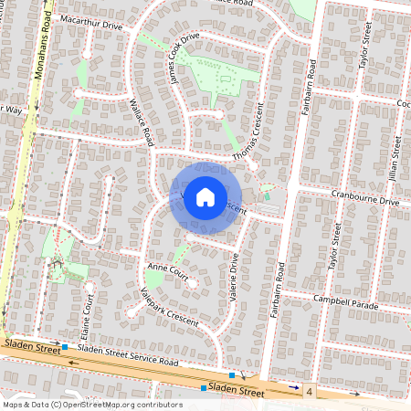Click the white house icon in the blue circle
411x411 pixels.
pyautogui.click(x=205, y=196)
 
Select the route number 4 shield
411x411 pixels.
pyautogui.click(x=311, y=392)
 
